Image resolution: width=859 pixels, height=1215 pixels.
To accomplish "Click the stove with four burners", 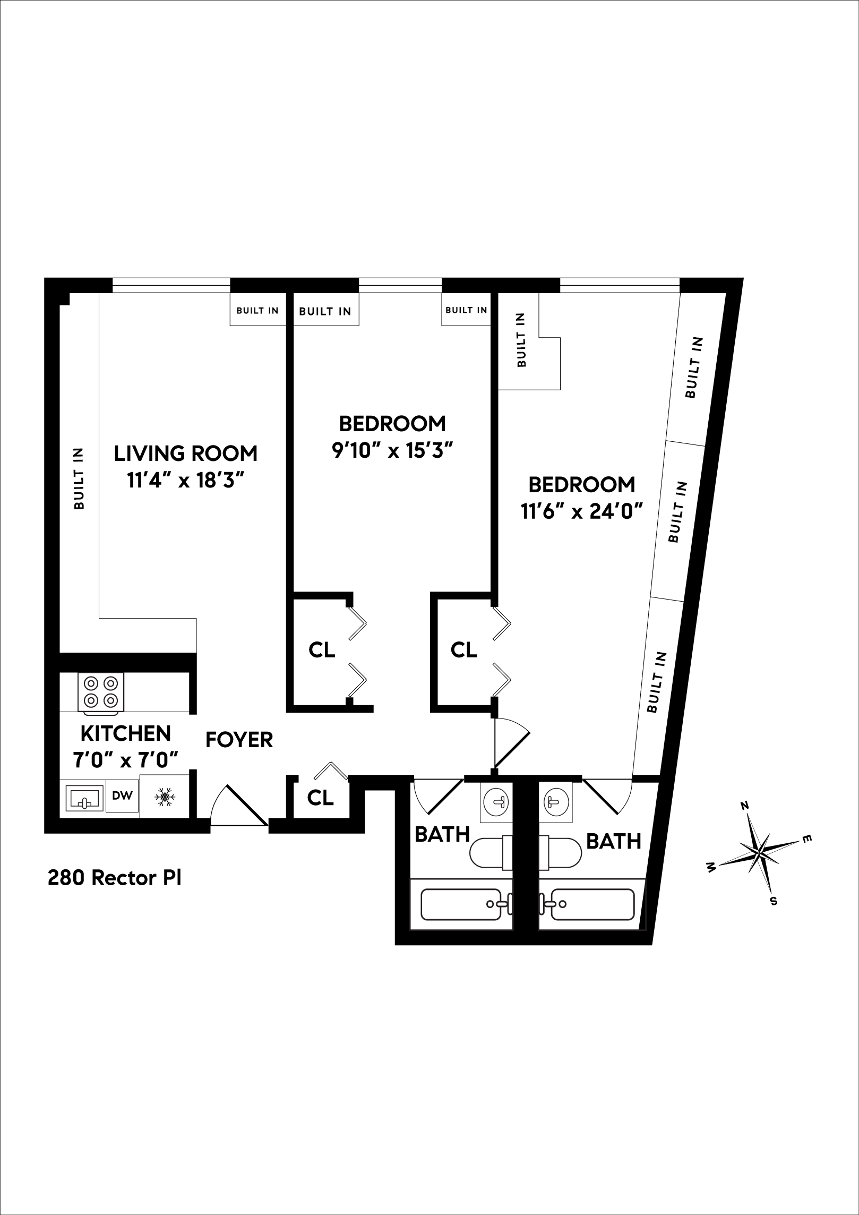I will click(x=101, y=692).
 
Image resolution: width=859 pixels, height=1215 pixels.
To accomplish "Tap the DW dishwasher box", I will click(x=122, y=795).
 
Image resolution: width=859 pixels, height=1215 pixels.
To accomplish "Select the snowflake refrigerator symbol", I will click(x=165, y=797).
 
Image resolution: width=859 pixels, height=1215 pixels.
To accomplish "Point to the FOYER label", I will click(x=239, y=740).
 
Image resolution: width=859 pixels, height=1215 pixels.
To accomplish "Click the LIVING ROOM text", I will click(x=186, y=454).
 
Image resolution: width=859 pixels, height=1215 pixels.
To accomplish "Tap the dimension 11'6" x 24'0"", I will click(x=582, y=512).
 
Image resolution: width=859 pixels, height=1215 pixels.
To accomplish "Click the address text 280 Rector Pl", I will click(x=115, y=878).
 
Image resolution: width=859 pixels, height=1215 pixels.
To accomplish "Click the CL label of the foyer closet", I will click(x=321, y=798).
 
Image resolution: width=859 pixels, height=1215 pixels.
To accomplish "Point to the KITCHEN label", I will click(x=126, y=733).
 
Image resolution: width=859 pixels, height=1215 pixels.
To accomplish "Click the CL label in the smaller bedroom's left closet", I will click(x=322, y=649).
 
